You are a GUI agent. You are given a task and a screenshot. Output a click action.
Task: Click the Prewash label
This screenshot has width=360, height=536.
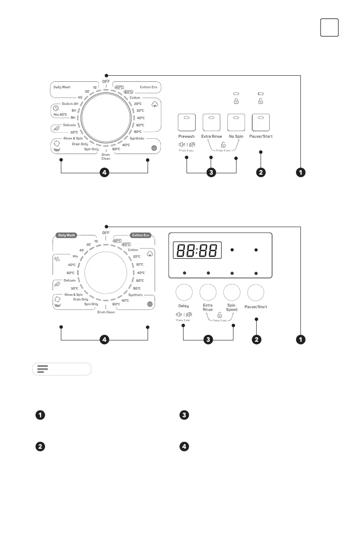click(187, 137)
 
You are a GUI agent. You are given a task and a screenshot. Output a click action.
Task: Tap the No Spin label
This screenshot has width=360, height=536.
click(236, 137)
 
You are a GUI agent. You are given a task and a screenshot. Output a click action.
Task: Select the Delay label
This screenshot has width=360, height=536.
click(184, 306)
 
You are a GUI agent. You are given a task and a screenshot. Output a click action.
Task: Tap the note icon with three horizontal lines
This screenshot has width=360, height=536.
click(42, 369)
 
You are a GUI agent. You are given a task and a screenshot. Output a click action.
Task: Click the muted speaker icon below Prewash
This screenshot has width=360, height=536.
click(191, 144)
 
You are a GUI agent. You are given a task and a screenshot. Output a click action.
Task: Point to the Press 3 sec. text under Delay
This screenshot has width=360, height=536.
click(184, 320)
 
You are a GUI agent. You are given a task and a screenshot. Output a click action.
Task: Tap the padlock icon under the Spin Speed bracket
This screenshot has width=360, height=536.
click(219, 315)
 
